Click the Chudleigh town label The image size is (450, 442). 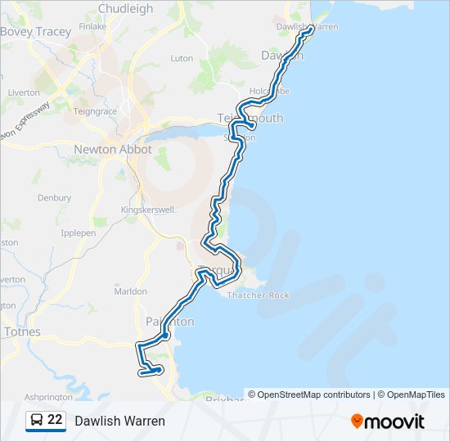125,9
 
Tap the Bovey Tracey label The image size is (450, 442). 36,32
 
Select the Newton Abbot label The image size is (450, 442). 113,150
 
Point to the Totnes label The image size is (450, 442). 22,331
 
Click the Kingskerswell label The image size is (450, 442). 148,210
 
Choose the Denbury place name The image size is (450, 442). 54,198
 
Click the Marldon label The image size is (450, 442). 130,291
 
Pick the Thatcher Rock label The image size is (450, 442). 259,295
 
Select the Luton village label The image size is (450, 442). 182,59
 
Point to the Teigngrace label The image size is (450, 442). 96,111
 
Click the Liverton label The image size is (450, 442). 23,92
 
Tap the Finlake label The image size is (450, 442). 93,26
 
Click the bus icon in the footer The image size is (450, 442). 36,420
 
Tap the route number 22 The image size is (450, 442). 55,420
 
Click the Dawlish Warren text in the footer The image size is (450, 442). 119,421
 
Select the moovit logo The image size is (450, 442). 388,421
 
